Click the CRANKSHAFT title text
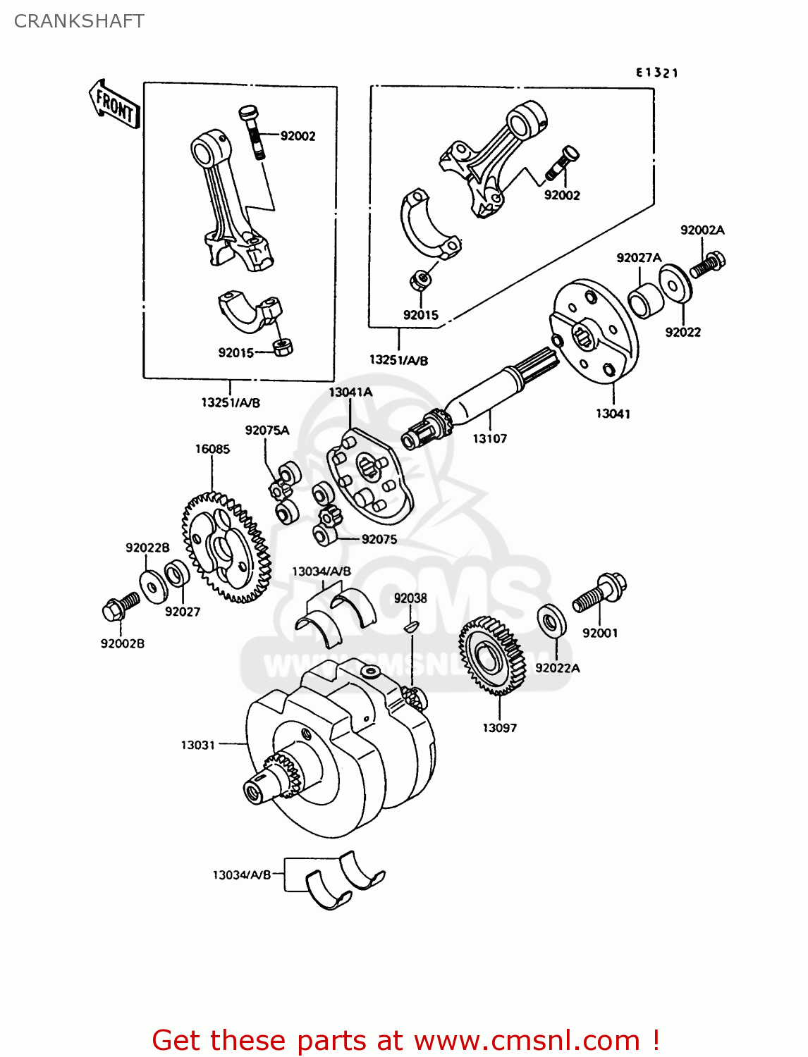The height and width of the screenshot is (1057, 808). tap(79, 21)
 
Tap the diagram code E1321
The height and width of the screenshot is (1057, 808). tap(656, 73)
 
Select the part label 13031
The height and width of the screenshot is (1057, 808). tap(197, 745)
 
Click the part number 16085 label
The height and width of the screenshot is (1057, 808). tap(212, 449)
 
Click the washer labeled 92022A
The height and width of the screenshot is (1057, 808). tap(550, 620)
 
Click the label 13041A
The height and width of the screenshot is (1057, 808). tap(350, 392)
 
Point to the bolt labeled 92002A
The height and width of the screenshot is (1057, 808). tap(708, 265)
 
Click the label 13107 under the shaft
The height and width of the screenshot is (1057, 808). tap(489, 438)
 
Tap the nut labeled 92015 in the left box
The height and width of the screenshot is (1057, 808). tap(283, 347)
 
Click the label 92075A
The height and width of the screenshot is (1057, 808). tap(267, 430)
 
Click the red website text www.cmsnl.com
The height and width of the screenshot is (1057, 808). tap(526, 1040)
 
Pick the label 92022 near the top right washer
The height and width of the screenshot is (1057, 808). tap(682, 332)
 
